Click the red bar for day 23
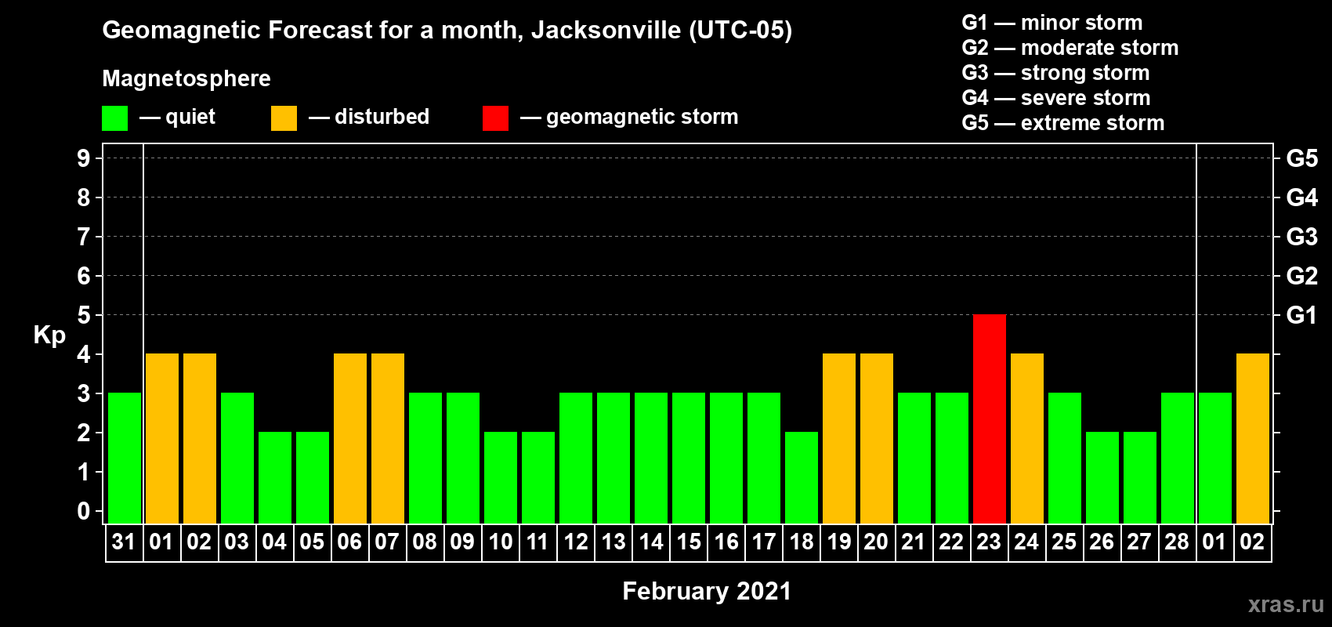coord(989,419)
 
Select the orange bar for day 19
coord(838,438)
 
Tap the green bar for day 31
coord(124,458)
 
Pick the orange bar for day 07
coord(387,438)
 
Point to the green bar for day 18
coord(801,477)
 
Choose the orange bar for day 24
coord(1026,438)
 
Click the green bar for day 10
coord(500,477)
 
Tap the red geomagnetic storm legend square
coord(495,118)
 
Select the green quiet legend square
coord(114,118)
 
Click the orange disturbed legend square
coord(284,118)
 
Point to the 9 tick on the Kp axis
coord(84,158)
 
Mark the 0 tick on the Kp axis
coord(84,512)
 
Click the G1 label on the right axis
coord(1301,315)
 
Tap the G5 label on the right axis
coord(1301,158)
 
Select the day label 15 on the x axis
coord(689,542)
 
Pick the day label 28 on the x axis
coord(1176,542)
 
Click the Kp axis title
coord(49,335)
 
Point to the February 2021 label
coord(706,591)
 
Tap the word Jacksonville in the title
coord(606,31)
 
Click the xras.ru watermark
coord(1286,604)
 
